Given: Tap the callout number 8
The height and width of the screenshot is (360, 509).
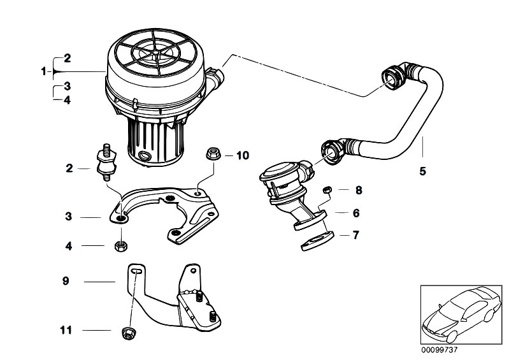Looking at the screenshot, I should (x=358, y=190).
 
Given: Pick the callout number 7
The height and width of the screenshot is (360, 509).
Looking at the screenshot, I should (x=356, y=235).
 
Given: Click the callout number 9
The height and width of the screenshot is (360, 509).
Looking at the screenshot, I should (x=65, y=280).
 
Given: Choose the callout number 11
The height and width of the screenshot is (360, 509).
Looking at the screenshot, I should (x=66, y=331).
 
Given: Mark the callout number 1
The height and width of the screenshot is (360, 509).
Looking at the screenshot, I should (x=44, y=72).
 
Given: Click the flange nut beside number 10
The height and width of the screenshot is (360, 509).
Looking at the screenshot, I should (x=213, y=154).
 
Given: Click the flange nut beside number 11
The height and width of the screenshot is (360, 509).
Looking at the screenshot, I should (x=127, y=331).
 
